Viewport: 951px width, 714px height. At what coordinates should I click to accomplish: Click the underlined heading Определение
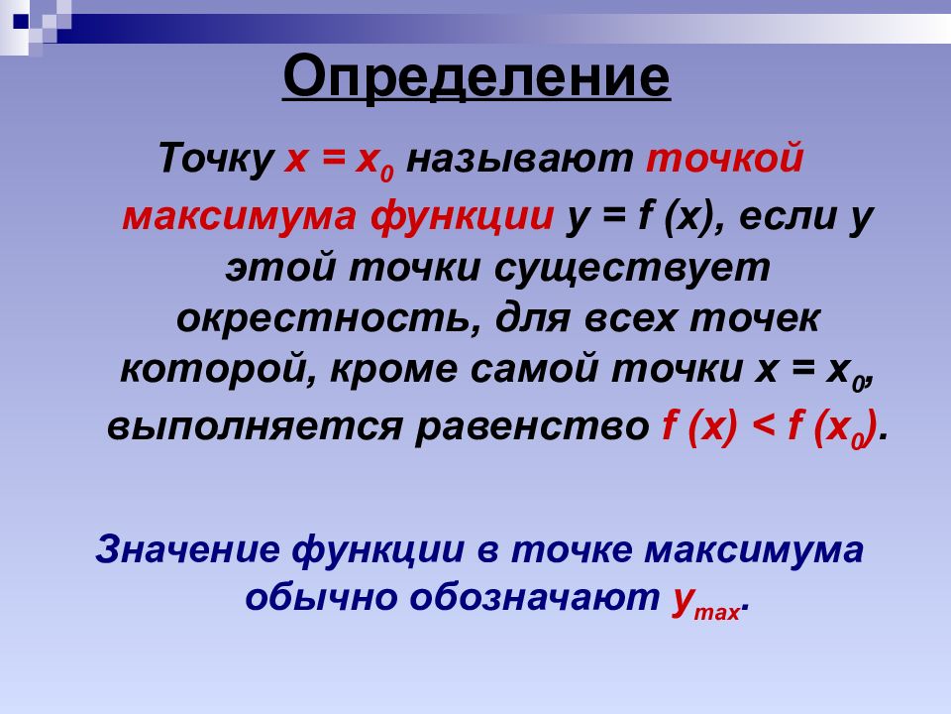point(476,77)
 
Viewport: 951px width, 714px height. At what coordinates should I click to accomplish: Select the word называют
point(519,159)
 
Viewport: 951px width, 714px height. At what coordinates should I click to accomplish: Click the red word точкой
point(725,158)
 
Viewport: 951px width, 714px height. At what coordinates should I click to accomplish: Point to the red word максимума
point(239,216)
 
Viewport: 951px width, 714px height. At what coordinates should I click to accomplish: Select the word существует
point(632,269)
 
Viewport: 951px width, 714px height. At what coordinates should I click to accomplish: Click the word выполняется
point(255,426)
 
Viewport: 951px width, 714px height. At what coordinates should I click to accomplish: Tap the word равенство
point(533,426)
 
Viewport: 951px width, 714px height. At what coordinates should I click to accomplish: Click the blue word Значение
point(188,548)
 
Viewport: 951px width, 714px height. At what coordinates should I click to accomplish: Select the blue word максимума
point(754,549)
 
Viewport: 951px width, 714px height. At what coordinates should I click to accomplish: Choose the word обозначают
point(534,597)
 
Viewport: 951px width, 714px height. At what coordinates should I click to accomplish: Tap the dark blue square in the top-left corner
point(21,21)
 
